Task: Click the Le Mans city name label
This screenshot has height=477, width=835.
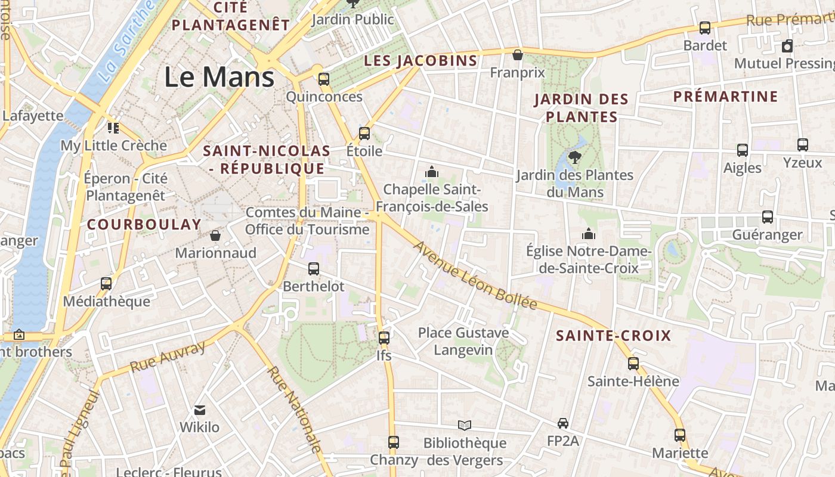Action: [x=219, y=77]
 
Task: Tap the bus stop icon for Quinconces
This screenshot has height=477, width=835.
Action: [x=324, y=79]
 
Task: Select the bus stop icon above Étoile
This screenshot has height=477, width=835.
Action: [x=364, y=134]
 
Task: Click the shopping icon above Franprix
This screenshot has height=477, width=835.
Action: [x=518, y=55]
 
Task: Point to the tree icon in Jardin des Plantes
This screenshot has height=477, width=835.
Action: [x=575, y=157]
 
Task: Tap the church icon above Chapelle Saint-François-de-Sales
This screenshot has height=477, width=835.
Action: [x=432, y=172]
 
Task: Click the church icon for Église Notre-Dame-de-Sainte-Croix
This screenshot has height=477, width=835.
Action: [x=589, y=234]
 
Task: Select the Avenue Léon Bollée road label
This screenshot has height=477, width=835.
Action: [x=475, y=275]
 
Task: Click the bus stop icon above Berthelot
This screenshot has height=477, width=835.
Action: [x=314, y=269]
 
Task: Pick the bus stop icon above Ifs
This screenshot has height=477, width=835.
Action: [x=384, y=338]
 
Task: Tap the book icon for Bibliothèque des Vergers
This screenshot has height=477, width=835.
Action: [x=465, y=425]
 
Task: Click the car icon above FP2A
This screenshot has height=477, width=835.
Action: [x=562, y=423]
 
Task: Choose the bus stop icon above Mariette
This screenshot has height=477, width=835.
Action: [x=680, y=435]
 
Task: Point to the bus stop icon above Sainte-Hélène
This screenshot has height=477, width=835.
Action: [x=633, y=363]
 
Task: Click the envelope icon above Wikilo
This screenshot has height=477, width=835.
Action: [x=200, y=410]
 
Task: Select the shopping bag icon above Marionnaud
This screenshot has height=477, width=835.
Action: [x=215, y=236]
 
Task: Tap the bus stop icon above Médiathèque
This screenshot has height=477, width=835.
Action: [x=106, y=284]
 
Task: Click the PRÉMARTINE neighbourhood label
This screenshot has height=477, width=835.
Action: [x=725, y=97]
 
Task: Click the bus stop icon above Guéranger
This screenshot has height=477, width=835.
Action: [x=768, y=217]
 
